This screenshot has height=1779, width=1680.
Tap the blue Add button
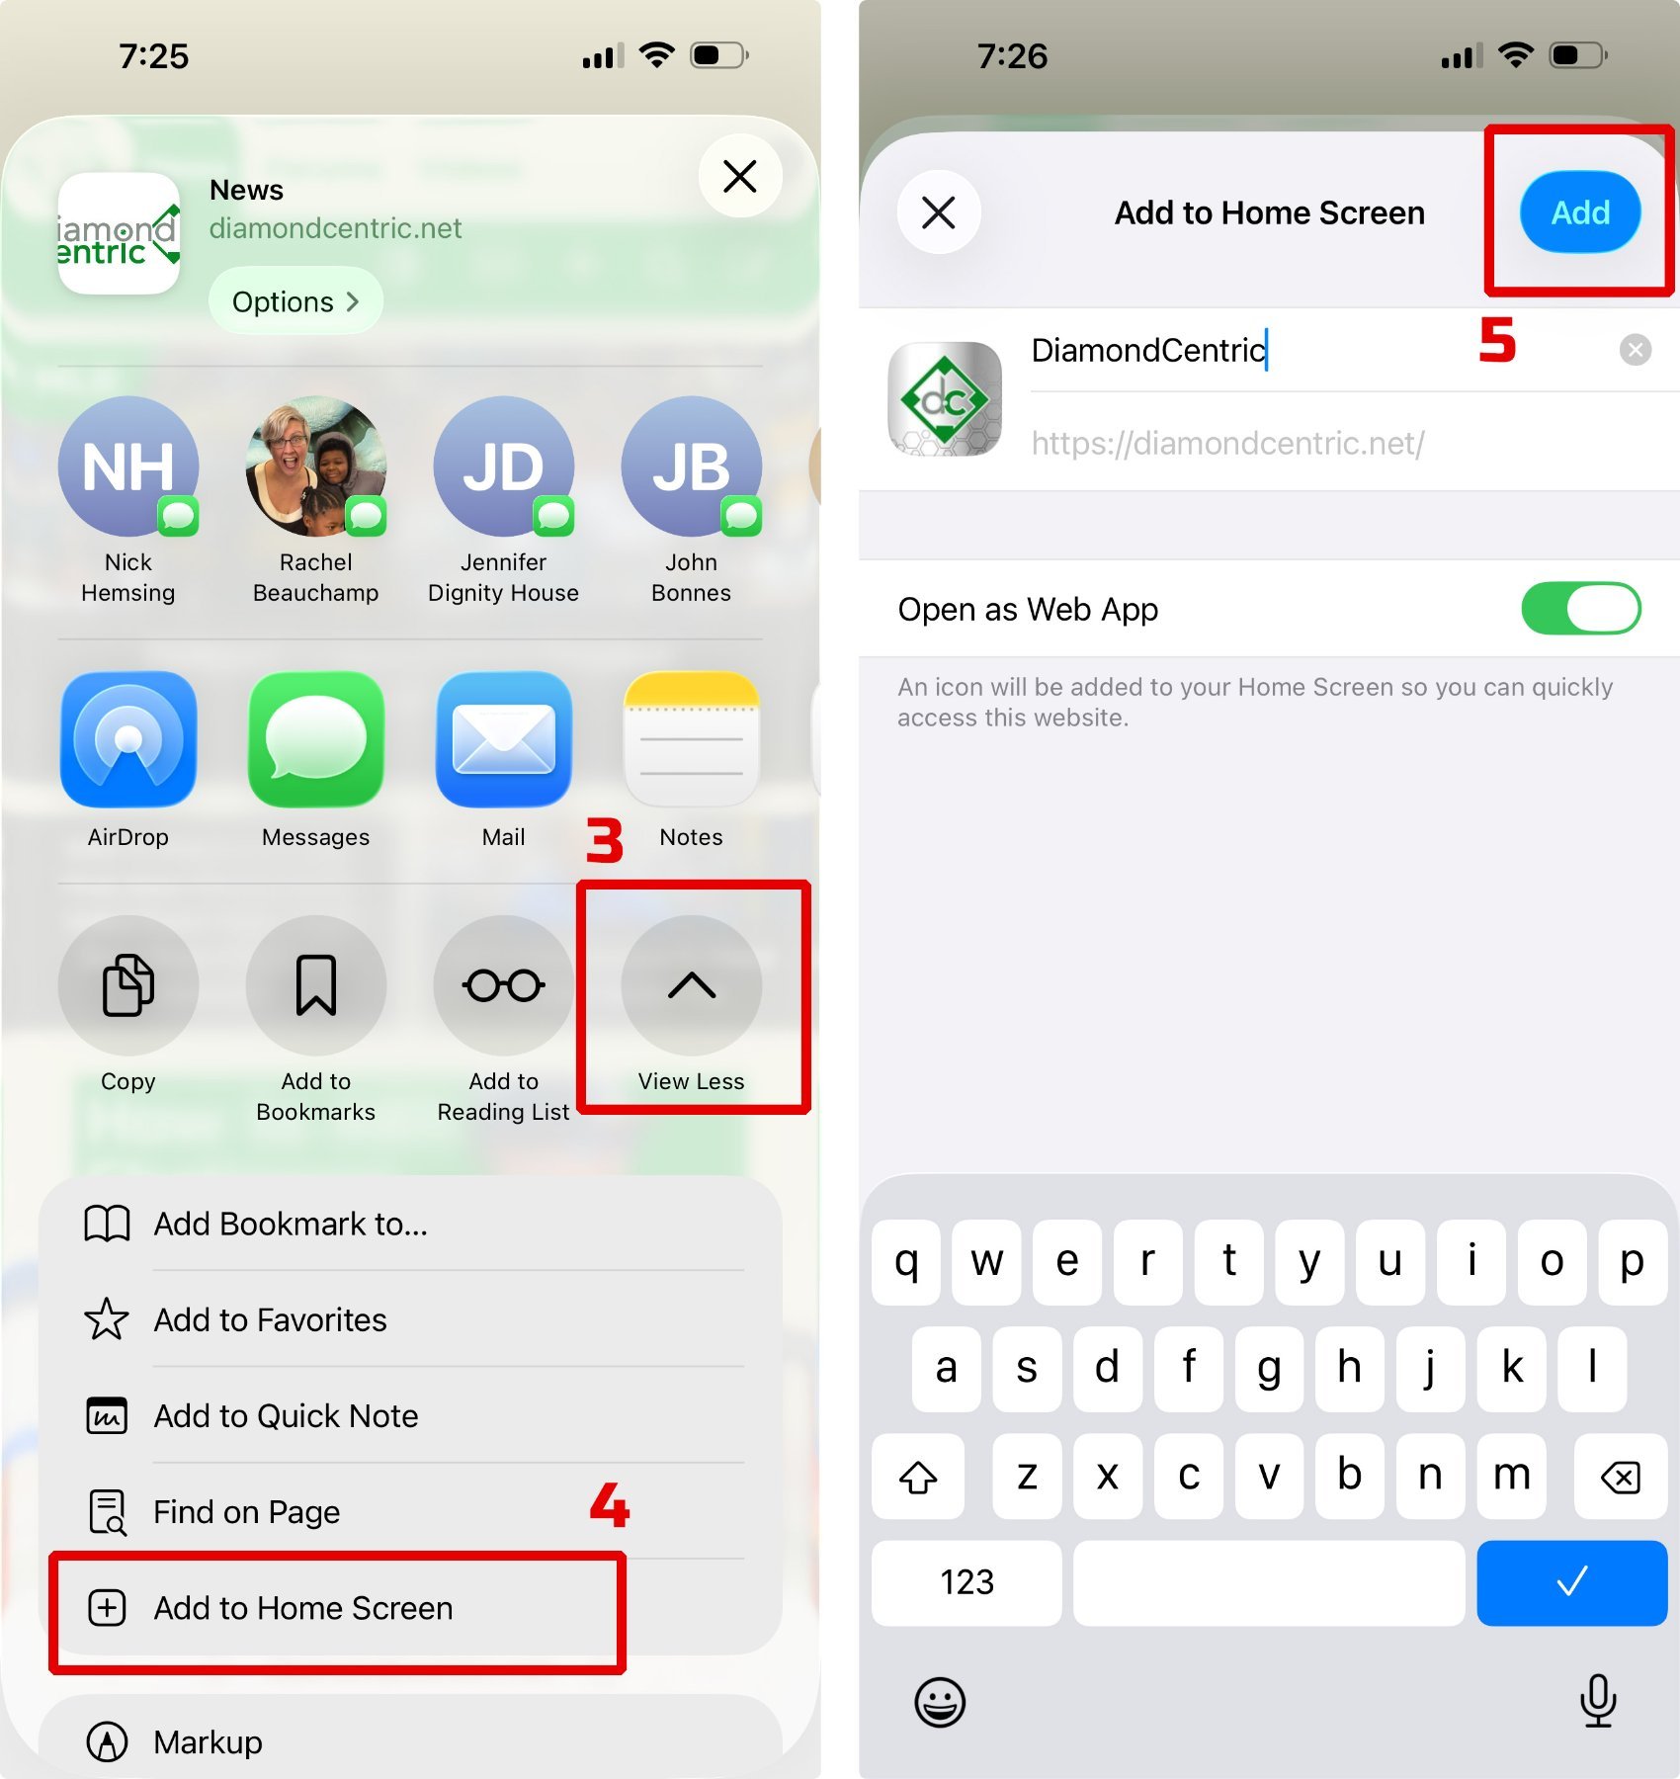(1579, 212)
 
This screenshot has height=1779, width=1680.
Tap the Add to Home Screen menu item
(302, 1608)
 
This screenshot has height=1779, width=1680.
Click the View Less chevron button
(691, 985)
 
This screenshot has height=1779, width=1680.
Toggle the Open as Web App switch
(1580, 609)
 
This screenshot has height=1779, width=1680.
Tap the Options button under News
(295, 301)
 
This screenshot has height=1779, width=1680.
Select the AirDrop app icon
(128, 739)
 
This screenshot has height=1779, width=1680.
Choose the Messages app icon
(316, 739)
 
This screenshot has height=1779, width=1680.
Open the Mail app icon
(504, 739)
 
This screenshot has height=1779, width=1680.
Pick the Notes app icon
(691, 739)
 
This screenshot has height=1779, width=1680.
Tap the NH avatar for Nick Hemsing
(128, 466)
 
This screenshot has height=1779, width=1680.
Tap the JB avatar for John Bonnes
(691, 466)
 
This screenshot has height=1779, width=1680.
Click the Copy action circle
(128, 985)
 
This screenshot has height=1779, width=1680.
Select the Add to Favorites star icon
(107, 1319)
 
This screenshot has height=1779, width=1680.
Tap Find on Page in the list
(247, 1512)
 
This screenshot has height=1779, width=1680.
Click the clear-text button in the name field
(1636, 350)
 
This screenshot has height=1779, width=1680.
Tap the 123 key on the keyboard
(966, 1582)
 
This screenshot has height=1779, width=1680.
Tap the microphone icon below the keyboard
(1598, 1701)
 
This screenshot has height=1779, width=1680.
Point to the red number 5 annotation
(1497, 341)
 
